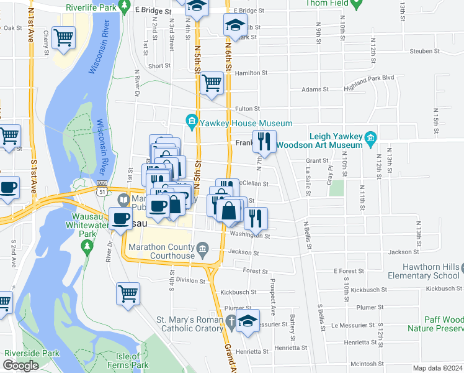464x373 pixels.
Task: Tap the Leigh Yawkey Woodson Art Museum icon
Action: point(370,137)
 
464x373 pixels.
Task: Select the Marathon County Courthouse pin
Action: point(202,251)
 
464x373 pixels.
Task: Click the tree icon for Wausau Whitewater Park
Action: point(87,246)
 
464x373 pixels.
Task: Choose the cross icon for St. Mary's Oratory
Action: point(231,321)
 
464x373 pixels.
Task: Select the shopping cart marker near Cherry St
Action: point(64,38)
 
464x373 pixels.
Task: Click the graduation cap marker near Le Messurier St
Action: point(248,322)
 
